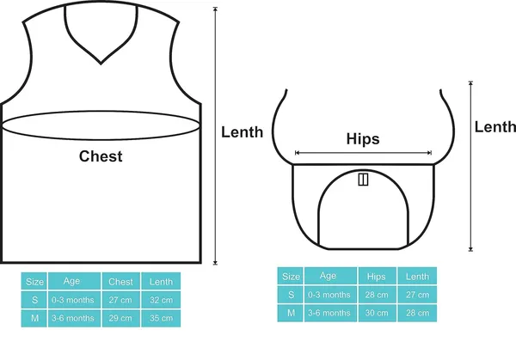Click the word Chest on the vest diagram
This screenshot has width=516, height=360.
[x=101, y=156]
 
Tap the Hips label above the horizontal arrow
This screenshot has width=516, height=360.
[x=363, y=138]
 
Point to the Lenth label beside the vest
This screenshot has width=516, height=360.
[x=242, y=132]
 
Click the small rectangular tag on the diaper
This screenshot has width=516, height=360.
[x=363, y=180]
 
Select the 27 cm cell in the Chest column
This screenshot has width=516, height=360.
[x=120, y=300]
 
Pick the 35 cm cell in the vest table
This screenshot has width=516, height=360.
[x=161, y=318]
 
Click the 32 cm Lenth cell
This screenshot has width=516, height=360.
[x=161, y=300]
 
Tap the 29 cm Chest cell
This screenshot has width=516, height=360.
[x=120, y=318]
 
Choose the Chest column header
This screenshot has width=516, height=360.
[x=120, y=282]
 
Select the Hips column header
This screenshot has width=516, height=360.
[x=377, y=276]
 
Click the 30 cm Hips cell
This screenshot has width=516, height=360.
[x=377, y=313]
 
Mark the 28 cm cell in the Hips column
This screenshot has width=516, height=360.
[x=377, y=295]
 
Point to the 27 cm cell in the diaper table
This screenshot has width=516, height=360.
[x=417, y=295]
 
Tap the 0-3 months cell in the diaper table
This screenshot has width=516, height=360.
[x=330, y=295]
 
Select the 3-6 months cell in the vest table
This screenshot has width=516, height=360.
[x=74, y=318]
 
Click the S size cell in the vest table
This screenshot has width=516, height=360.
[x=34, y=300]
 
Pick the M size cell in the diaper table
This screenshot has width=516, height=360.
[x=291, y=313]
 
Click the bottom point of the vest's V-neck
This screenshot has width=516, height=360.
[x=101, y=63]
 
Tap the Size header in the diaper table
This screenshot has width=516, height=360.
[x=291, y=276]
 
